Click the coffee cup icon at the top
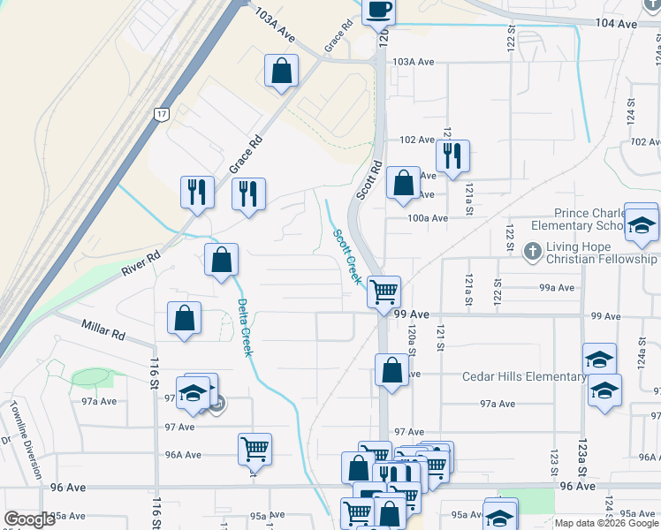click(x=377, y=10)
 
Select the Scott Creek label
click(x=347, y=256)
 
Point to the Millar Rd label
click(x=104, y=331)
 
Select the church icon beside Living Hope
click(x=531, y=252)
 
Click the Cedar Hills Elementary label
click(x=524, y=377)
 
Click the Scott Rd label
click(x=369, y=179)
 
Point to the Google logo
click(x=29, y=519)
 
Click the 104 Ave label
click(x=616, y=24)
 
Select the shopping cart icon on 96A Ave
click(x=255, y=448)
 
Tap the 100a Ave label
click(x=427, y=217)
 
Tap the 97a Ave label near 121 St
click(x=498, y=404)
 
